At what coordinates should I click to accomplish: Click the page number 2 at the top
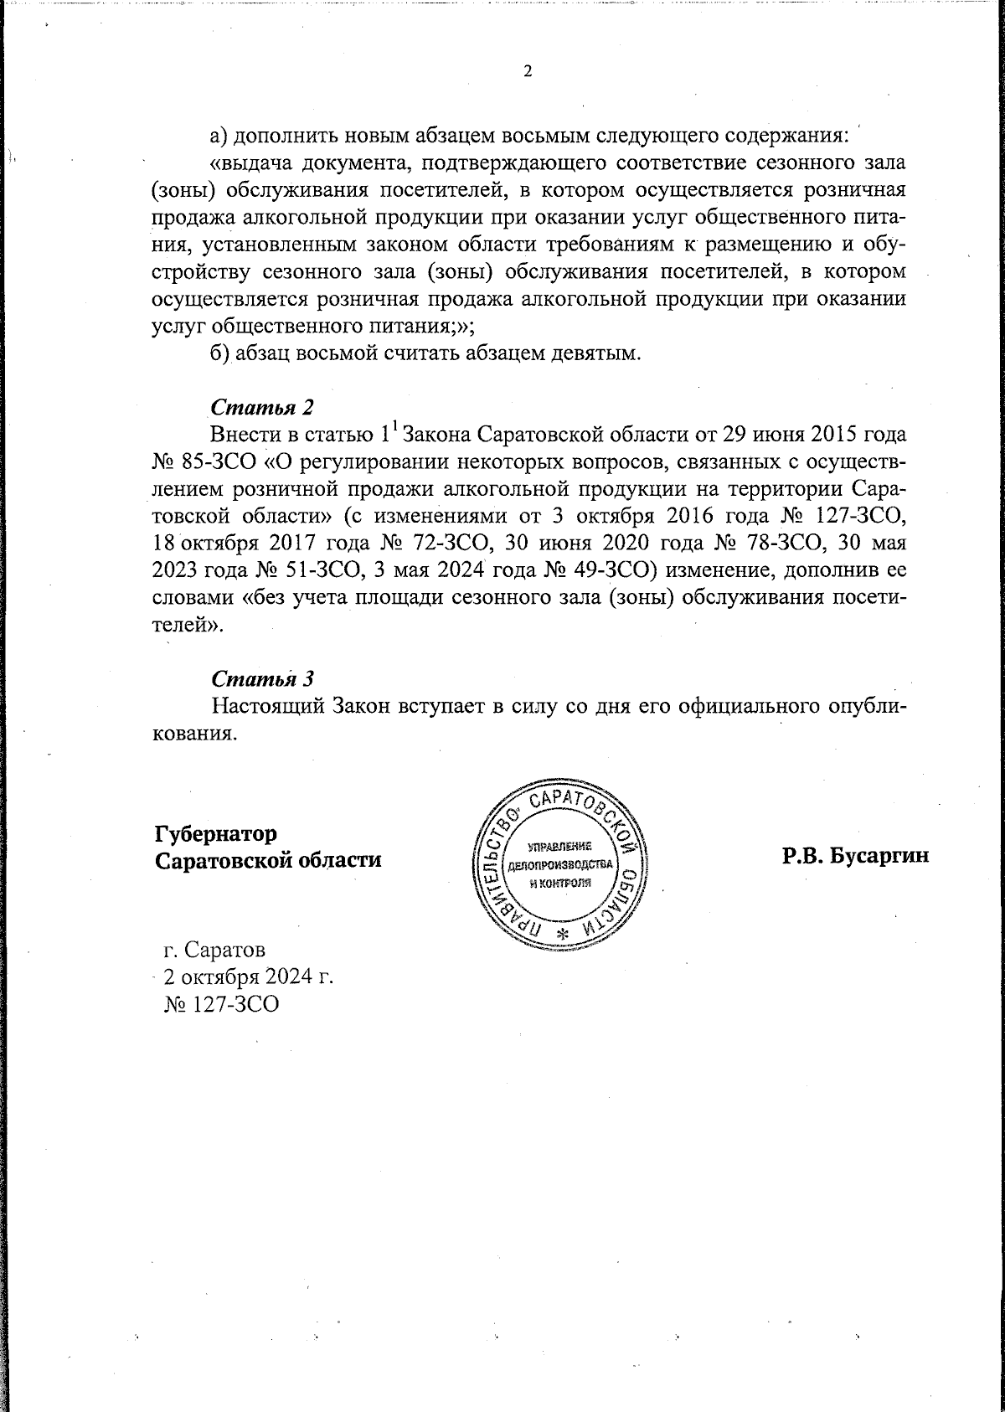coord(528,71)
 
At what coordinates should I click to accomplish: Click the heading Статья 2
coord(262,407)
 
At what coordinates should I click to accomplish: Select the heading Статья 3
coord(262,678)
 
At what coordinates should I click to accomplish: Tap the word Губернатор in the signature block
coord(215,834)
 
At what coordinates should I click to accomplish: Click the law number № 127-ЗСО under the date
coord(222,1002)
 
